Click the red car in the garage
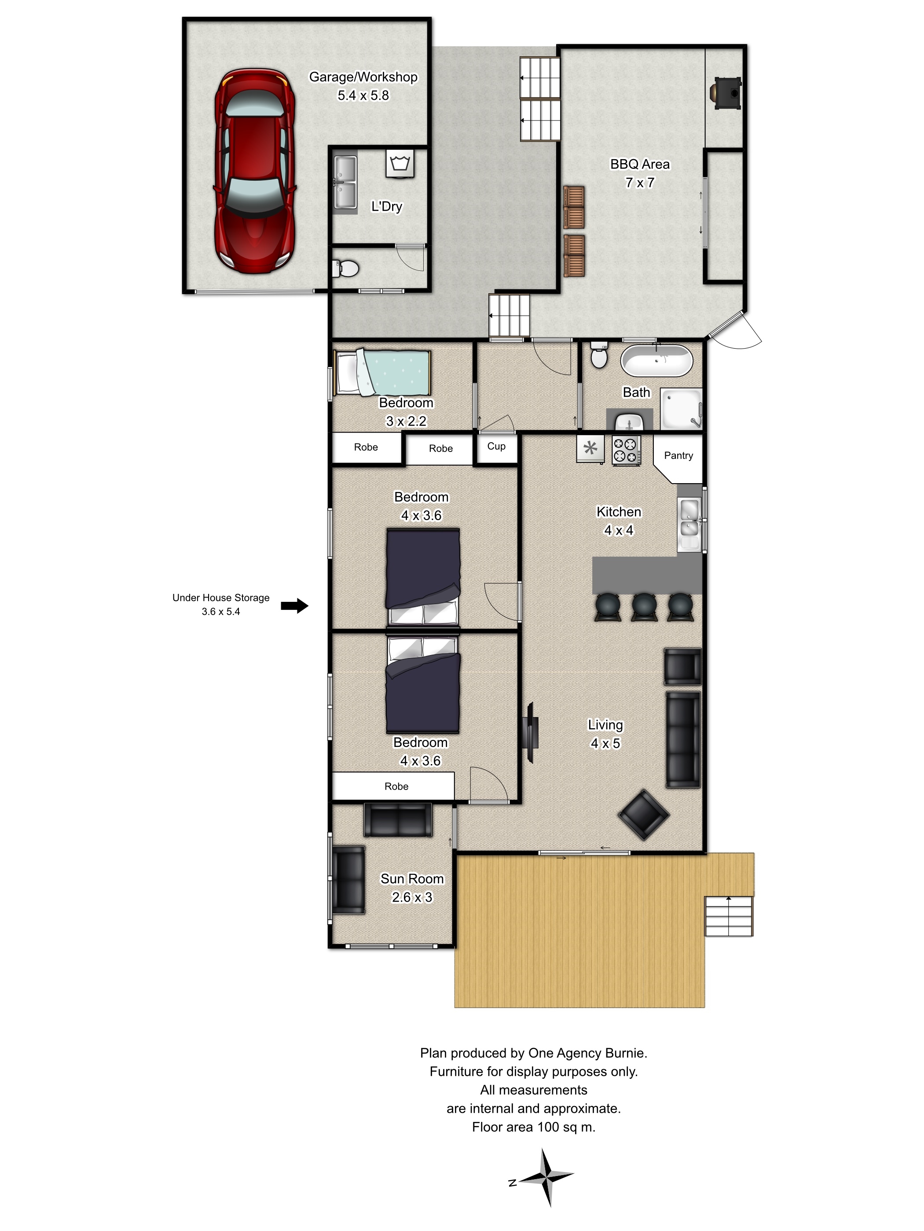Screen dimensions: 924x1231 click(x=254, y=171)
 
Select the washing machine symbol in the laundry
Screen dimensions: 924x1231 click(x=400, y=164)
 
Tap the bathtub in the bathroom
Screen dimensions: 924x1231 click(x=656, y=361)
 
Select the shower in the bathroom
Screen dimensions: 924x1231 click(x=681, y=408)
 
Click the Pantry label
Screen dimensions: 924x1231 click(x=678, y=455)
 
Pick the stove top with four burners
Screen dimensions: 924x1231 click(x=626, y=450)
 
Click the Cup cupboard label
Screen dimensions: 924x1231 click(x=496, y=446)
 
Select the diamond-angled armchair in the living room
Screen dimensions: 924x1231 click(x=643, y=815)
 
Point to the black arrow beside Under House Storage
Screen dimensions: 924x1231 click(x=294, y=605)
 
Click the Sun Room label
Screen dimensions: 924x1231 click(x=412, y=878)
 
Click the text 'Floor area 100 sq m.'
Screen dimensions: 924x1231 click(x=534, y=1127)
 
